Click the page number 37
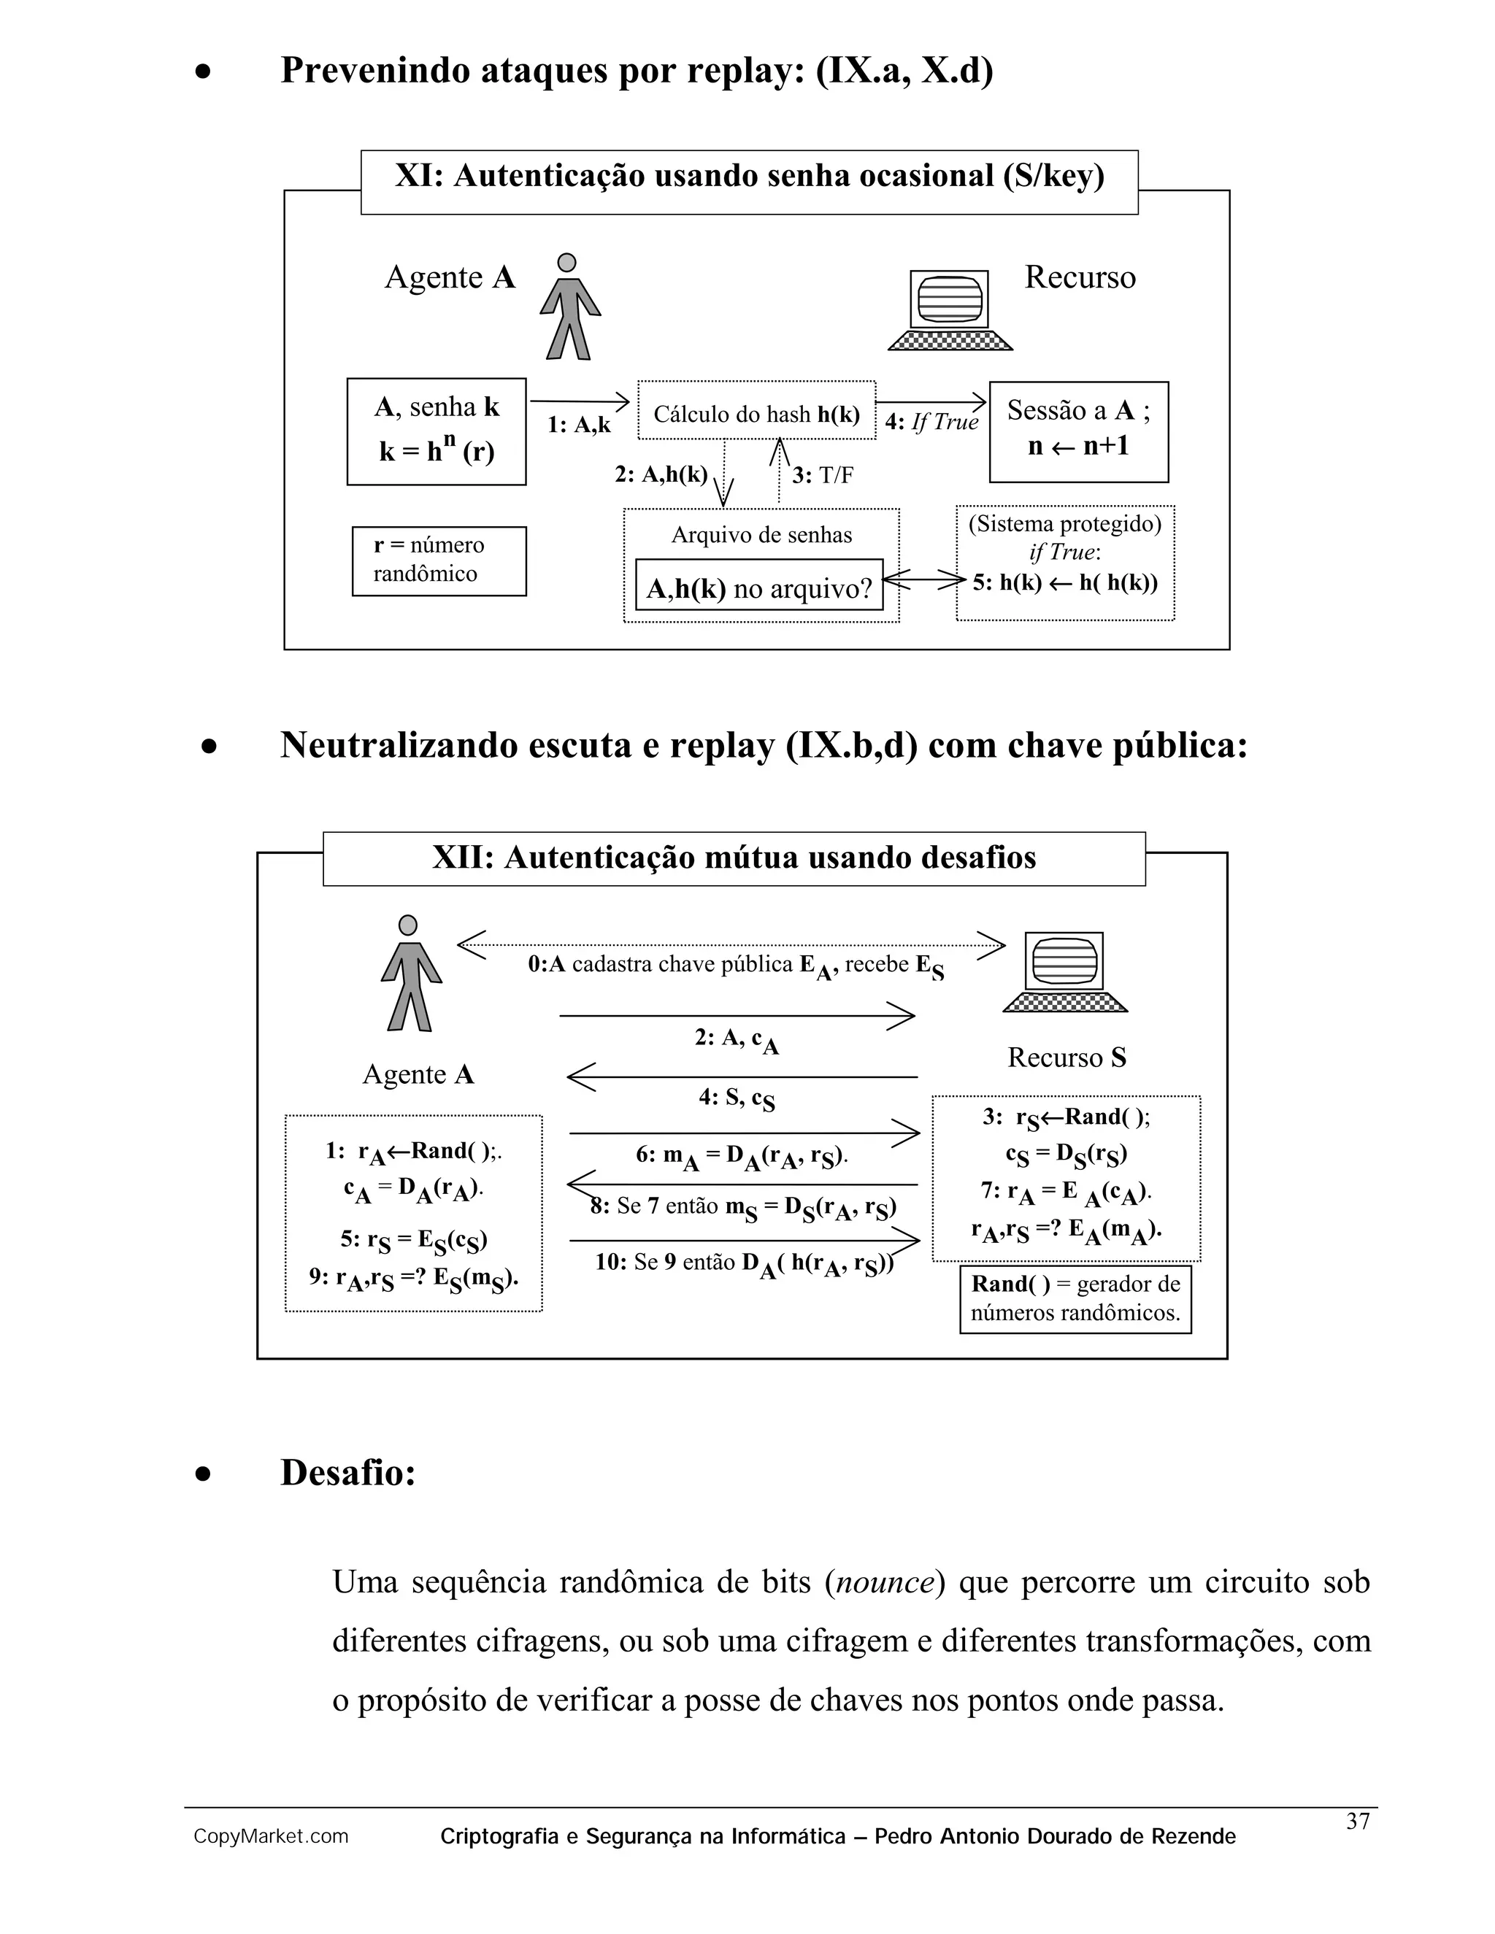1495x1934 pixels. click(x=1358, y=1822)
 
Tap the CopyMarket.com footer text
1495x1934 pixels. click(x=271, y=1837)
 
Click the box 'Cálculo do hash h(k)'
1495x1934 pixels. click(x=756, y=411)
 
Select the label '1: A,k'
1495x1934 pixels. click(x=578, y=425)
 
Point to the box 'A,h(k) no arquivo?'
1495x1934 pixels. click(x=759, y=585)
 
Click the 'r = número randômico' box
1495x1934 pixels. click(x=439, y=560)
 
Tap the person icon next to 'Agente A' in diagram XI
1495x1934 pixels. click(x=569, y=307)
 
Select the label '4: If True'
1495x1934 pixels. click(x=931, y=423)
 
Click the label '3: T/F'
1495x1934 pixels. click(x=822, y=476)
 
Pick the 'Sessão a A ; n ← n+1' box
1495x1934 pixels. click(x=1078, y=431)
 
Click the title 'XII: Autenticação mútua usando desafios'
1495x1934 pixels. click(x=734, y=858)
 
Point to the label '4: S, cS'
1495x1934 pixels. click(x=736, y=1099)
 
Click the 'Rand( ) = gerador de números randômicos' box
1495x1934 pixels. click(x=1075, y=1299)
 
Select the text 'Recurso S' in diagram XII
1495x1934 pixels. click(x=1067, y=1057)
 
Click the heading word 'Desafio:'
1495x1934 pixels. click(x=348, y=1473)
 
